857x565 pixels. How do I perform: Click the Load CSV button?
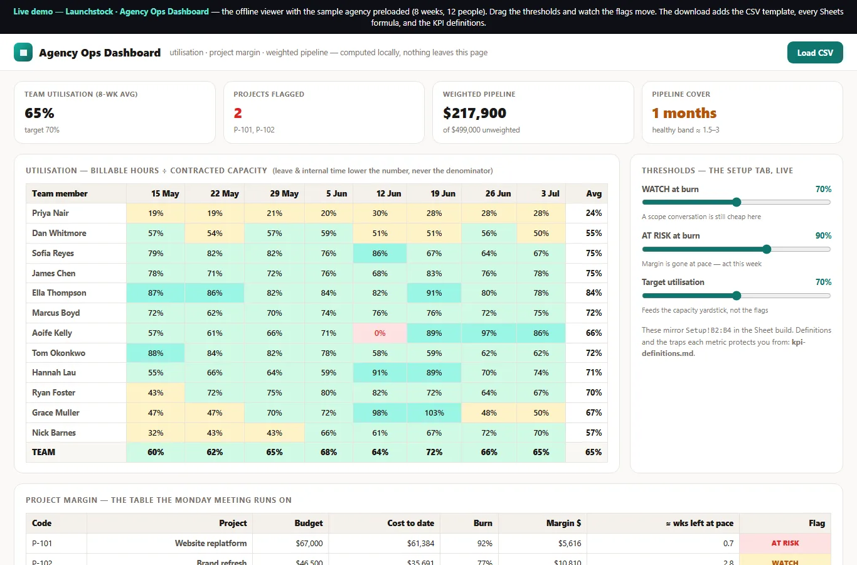(x=814, y=53)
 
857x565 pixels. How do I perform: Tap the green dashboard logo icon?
(x=23, y=53)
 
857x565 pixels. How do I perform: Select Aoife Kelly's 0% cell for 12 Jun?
(x=380, y=333)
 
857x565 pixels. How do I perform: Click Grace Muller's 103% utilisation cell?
(x=434, y=412)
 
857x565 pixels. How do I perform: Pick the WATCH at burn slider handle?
(x=737, y=202)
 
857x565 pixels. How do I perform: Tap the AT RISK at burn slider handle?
(x=766, y=249)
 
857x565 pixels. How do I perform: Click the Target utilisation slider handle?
(x=737, y=296)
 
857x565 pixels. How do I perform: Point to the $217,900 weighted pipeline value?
(x=474, y=113)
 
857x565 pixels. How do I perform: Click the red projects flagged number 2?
(x=238, y=113)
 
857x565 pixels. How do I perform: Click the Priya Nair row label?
(x=50, y=213)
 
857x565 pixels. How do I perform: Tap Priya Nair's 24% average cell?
(x=594, y=213)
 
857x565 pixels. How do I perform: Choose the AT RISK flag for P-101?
(x=785, y=543)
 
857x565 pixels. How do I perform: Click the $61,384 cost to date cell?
(x=420, y=543)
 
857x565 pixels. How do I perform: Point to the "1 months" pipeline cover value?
(x=684, y=113)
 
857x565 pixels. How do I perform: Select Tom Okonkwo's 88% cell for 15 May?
(x=156, y=353)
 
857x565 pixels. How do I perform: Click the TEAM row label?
(x=44, y=452)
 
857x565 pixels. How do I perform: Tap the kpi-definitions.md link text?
(x=723, y=348)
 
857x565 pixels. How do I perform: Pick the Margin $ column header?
(x=563, y=523)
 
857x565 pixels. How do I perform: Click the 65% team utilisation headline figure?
(x=40, y=113)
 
